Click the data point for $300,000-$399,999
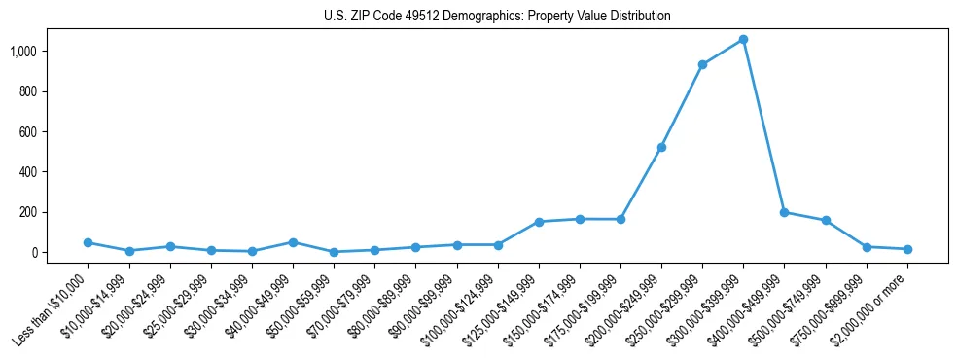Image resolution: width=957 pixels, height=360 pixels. (x=743, y=39)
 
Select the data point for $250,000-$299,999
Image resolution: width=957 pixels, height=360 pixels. (x=702, y=64)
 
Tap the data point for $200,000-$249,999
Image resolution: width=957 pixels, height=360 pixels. (x=661, y=147)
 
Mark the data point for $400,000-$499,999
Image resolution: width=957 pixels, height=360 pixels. (x=784, y=212)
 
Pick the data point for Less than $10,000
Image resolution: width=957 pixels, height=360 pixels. (x=88, y=242)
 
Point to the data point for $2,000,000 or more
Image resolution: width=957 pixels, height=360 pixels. (x=907, y=249)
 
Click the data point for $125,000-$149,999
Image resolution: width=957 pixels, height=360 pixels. (x=539, y=222)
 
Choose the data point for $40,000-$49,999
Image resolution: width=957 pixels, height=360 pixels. (x=293, y=242)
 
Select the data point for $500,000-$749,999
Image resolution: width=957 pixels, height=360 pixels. (x=826, y=221)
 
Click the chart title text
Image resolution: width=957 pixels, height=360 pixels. (x=497, y=17)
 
